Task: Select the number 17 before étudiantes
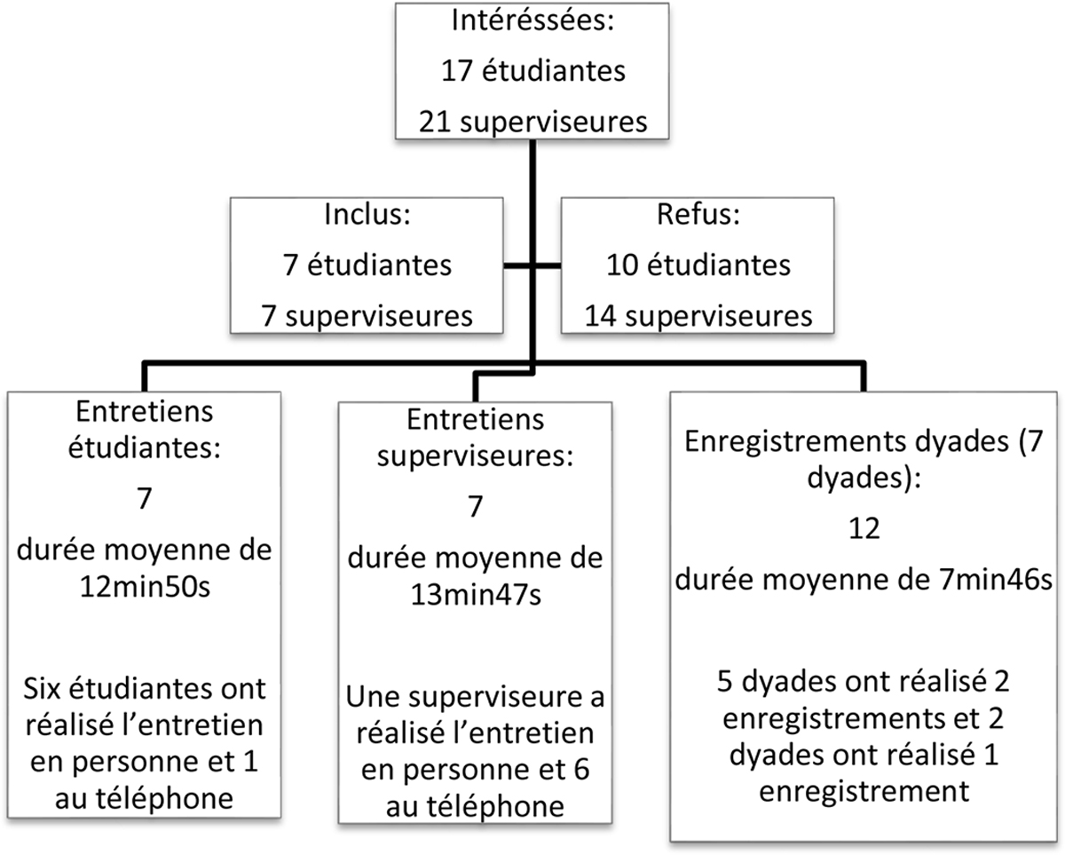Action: [x=456, y=71]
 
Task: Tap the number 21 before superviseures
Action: [x=434, y=122]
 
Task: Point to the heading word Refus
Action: [x=695, y=215]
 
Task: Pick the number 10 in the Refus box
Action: [x=621, y=265]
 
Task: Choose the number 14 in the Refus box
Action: [x=600, y=316]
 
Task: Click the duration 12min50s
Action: [x=145, y=588]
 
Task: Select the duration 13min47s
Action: [x=476, y=596]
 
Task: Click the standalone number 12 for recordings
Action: [x=864, y=529]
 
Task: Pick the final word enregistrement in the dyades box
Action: [x=864, y=791]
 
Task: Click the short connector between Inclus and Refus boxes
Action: [x=532, y=265]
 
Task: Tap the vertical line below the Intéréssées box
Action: [x=532, y=252]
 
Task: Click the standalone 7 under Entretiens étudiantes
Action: [x=145, y=499]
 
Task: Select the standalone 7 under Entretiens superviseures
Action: [x=476, y=507]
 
